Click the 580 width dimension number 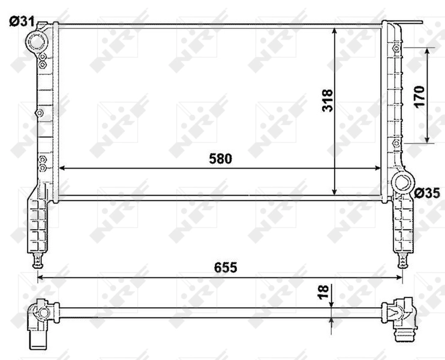[x=220, y=159]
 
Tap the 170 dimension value [x=419, y=95]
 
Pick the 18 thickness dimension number [x=324, y=292]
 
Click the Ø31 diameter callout [x=20, y=22]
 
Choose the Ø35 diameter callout [x=427, y=193]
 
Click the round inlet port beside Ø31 [x=37, y=41]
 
